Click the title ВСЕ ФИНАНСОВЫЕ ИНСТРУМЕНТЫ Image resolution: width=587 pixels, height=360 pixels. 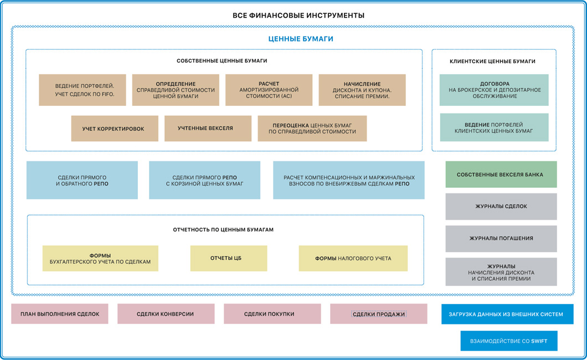(x=298, y=16)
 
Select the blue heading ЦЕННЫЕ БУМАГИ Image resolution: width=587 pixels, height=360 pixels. (x=300, y=39)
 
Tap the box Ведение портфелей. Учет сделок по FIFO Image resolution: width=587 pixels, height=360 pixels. (x=83, y=90)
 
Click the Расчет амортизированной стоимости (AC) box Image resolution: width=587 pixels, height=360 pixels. (x=269, y=90)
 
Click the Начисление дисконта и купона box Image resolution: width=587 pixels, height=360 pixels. (x=362, y=90)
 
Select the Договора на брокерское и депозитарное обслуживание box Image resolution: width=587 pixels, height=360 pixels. (x=494, y=90)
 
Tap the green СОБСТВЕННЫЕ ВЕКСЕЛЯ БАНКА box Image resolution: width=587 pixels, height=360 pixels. (x=501, y=174)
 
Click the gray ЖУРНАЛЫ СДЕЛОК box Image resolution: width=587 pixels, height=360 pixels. (x=501, y=207)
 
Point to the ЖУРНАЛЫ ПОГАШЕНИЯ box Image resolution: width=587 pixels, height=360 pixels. (x=501, y=238)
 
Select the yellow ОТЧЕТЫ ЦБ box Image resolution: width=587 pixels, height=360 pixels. (x=228, y=258)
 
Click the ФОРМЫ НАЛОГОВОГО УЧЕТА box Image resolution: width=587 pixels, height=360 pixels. (x=353, y=258)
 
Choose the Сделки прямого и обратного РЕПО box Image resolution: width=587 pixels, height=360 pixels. (x=82, y=180)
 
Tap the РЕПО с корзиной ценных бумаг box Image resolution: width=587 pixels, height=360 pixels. (x=204, y=180)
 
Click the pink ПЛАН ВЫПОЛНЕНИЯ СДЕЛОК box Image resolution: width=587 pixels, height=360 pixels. (x=60, y=314)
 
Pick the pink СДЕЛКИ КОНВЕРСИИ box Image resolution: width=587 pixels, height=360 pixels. (x=166, y=314)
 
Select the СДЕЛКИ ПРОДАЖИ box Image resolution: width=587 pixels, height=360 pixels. (x=378, y=314)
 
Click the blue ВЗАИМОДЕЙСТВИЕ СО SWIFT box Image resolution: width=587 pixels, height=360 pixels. (x=508, y=341)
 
